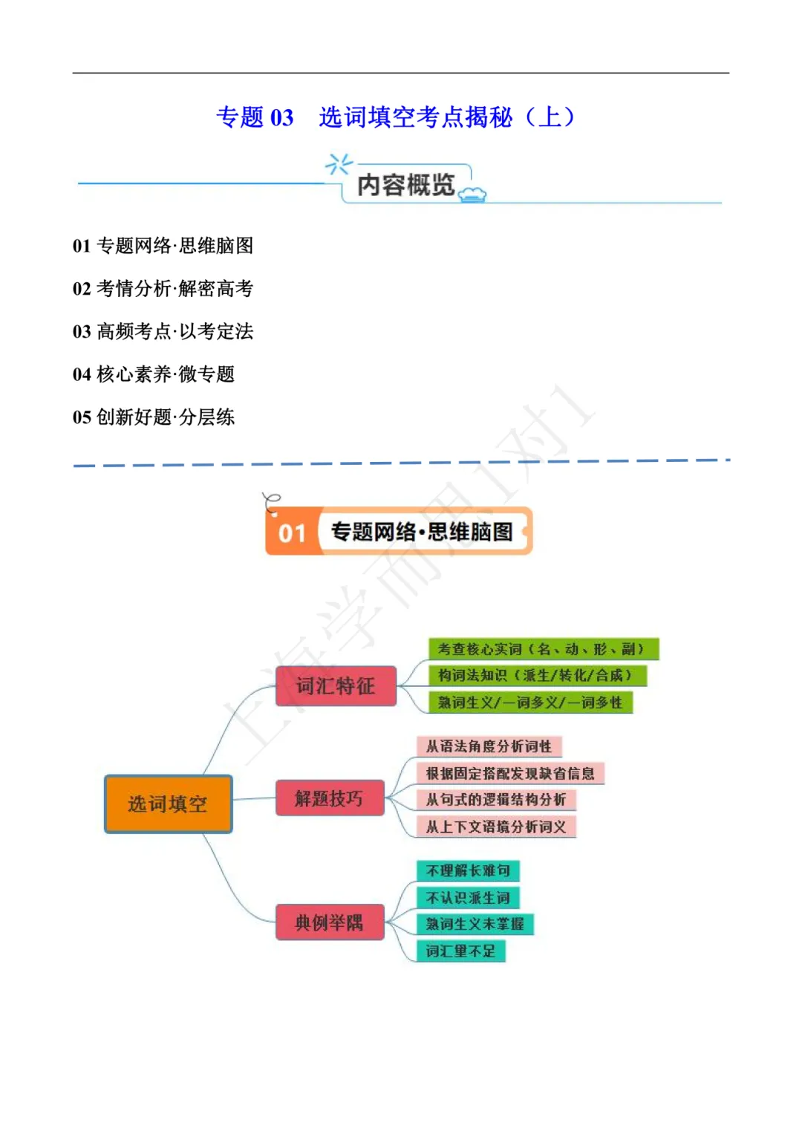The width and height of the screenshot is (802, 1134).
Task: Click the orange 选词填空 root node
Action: (168, 804)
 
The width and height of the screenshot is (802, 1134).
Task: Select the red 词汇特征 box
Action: (336, 685)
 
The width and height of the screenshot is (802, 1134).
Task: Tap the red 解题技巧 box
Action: (330, 798)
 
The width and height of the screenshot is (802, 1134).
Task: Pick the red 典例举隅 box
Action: (330, 922)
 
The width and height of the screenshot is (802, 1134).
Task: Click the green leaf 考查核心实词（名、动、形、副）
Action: (543, 649)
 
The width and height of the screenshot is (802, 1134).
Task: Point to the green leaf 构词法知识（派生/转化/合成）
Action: (537, 675)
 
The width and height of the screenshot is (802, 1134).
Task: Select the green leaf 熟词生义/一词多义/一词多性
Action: (530, 702)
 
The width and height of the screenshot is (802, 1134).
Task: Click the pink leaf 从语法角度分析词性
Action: (489, 746)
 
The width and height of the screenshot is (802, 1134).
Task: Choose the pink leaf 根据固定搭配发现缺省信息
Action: (510, 773)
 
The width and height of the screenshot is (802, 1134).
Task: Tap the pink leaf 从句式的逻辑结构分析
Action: (496, 800)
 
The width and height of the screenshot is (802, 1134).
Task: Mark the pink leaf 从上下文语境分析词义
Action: (496, 827)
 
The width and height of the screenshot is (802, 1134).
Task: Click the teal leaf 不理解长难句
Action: (468, 870)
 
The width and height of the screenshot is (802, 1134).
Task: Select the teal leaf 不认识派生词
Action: (468, 897)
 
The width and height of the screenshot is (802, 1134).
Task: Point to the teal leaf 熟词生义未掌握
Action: (475, 924)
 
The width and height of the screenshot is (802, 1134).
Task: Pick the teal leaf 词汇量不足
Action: (460, 951)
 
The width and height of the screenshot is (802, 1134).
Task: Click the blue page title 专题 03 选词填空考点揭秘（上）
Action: (396, 117)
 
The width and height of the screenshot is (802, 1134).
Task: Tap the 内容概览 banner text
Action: (405, 185)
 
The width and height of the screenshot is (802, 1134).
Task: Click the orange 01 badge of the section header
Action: (292, 532)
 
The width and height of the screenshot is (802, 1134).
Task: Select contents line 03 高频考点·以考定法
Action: (163, 331)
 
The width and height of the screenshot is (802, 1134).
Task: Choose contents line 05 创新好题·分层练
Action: (154, 417)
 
